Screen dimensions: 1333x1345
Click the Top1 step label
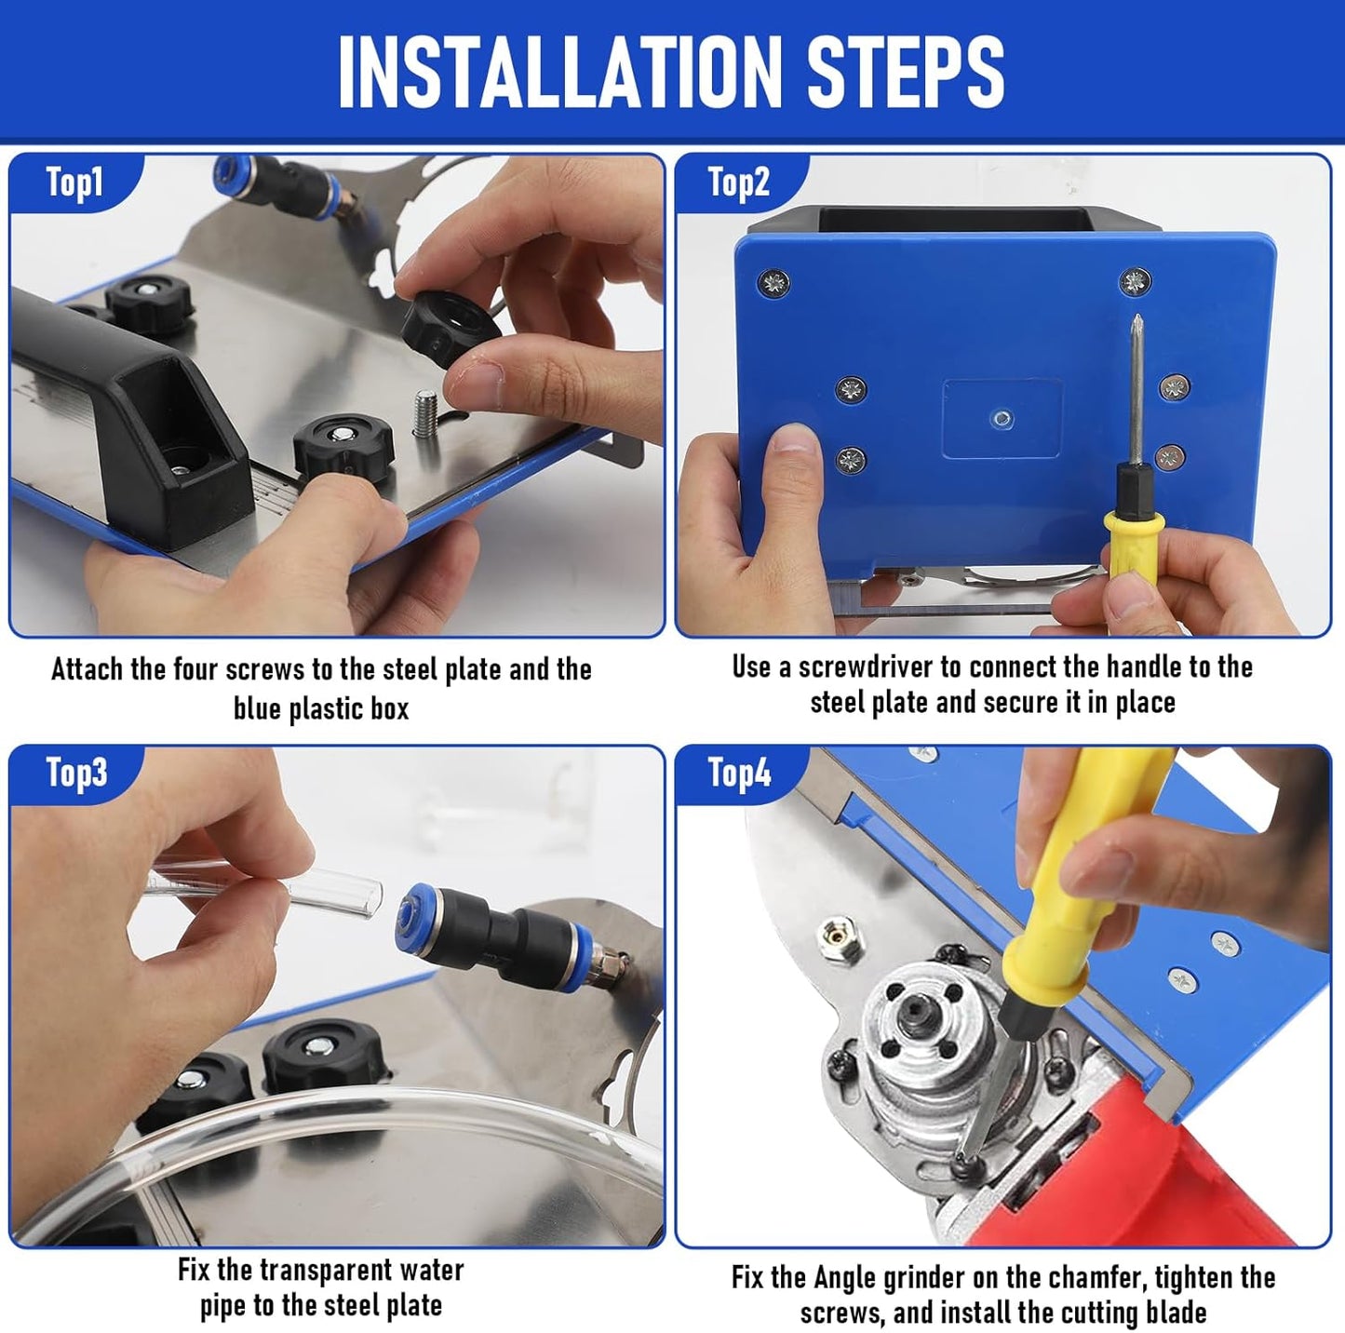(x=74, y=183)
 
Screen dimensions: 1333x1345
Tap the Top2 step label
(x=738, y=183)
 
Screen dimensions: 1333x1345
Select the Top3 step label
(x=76, y=773)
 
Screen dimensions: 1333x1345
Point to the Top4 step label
(x=739, y=773)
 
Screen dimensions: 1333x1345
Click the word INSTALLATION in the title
(x=558, y=73)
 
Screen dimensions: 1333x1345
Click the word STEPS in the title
(x=905, y=73)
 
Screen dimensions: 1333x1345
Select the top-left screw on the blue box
(x=774, y=282)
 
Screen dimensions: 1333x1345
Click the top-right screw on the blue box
(x=1135, y=279)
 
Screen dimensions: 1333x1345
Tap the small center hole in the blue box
(x=1002, y=419)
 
